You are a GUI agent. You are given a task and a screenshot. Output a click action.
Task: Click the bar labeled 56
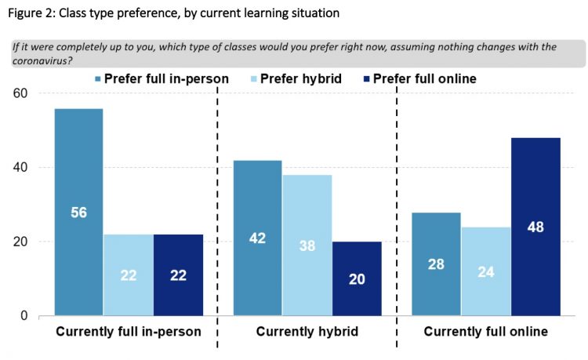click(78, 212)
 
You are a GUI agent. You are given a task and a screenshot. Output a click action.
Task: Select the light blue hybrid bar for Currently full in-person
click(128, 275)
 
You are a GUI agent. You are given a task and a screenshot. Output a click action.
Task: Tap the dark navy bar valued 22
click(179, 275)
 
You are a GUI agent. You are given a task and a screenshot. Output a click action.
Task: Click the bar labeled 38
click(307, 245)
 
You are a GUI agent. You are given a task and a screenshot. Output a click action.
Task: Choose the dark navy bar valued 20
click(358, 278)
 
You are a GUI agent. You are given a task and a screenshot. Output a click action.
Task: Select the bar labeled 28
click(435, 264)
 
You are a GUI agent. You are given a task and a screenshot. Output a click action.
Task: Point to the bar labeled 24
click(485, 271)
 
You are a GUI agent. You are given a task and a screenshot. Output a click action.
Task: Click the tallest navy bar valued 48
click(536, 227)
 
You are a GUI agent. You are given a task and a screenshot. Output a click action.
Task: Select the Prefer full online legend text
click(424, 78)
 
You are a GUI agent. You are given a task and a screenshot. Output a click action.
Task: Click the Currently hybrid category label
click(307, 333)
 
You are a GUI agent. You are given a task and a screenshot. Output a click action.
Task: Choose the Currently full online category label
click(485, 333)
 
